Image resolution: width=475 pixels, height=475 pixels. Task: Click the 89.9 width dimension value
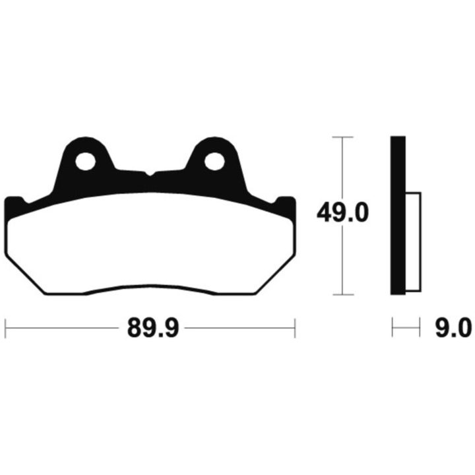[153, 328]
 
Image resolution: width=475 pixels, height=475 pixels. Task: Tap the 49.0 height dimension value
[342, 213]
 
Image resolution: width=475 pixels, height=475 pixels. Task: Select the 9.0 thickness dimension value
[453, 328]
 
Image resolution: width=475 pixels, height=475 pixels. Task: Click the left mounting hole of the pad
[85, 161]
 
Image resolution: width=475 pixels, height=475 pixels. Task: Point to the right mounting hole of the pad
[214, 161]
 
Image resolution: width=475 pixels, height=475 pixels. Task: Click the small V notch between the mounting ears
[150, 174]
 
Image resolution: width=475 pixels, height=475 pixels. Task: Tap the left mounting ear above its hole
[85, 144]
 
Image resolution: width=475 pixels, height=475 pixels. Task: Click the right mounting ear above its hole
[214, 144]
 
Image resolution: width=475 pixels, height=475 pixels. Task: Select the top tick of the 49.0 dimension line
[342, 137]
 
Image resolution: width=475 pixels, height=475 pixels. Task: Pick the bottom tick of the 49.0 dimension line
[343, 294]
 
